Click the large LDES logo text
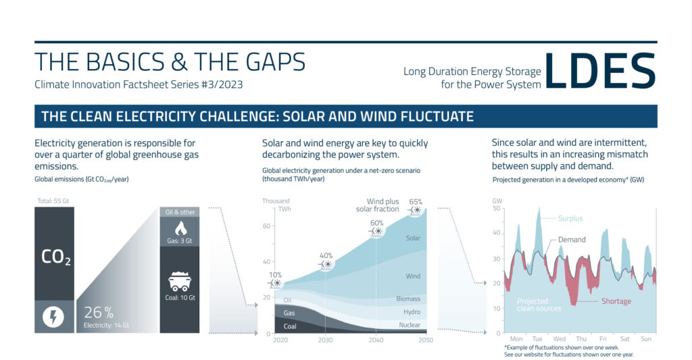point(600,71)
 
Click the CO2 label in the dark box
point(55,257)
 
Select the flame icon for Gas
point(180,228)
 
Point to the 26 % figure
point(99,312)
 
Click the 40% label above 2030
point(326,255)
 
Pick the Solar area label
point(413,238)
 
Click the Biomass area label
point(407,299)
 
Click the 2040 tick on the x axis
point(376,340)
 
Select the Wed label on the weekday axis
point(560,339)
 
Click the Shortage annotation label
point(616,301)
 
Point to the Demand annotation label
point(572,239)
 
